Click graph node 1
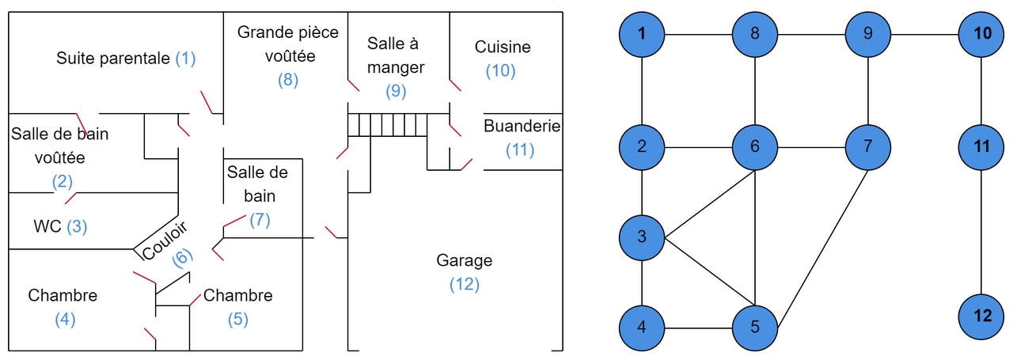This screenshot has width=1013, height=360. click(x=642, y=34)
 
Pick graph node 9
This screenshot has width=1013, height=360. click(x=869, y=34)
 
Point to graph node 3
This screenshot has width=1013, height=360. click(x=642, y=237)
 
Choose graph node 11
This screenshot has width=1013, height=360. click(x=982, y=147)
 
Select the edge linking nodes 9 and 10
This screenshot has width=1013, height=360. click(x=925, y=34)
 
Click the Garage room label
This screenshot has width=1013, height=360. click(x=465, y=260)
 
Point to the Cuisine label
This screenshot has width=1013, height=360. click(x=503, y=47)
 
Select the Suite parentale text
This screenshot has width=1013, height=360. click(x=113, y=59)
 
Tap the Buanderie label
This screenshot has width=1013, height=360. click(x=522, y=127)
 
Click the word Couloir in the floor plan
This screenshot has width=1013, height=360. click(x=165, y=239)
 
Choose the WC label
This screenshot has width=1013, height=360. click(x=47, y=226)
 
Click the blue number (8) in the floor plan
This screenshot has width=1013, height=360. click(x=288, y=80)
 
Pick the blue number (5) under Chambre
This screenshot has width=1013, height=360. click(x=238, y=320)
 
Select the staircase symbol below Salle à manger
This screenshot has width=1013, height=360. click(x=388, y=125)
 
